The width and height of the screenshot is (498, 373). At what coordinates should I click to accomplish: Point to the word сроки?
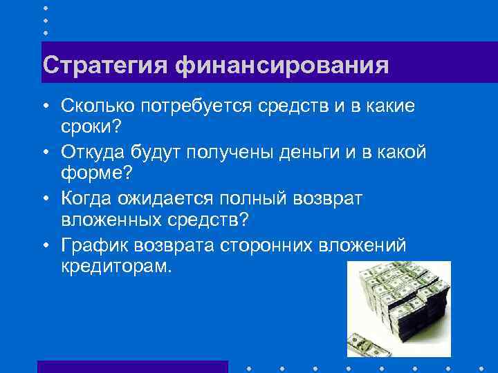(90, 126)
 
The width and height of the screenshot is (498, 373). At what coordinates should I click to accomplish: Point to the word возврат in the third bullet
(337, 198)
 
